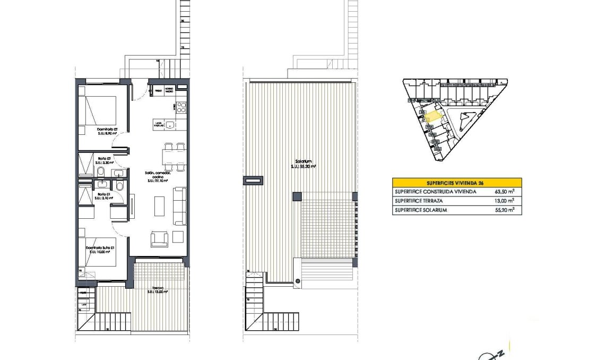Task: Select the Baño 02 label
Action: tap(103, 158)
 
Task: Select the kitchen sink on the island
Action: tap(170, 125)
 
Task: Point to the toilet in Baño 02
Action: tap(100, 171)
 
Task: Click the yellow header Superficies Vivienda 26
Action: tap(456, 182)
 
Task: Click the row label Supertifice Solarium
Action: tap(420, 210)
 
